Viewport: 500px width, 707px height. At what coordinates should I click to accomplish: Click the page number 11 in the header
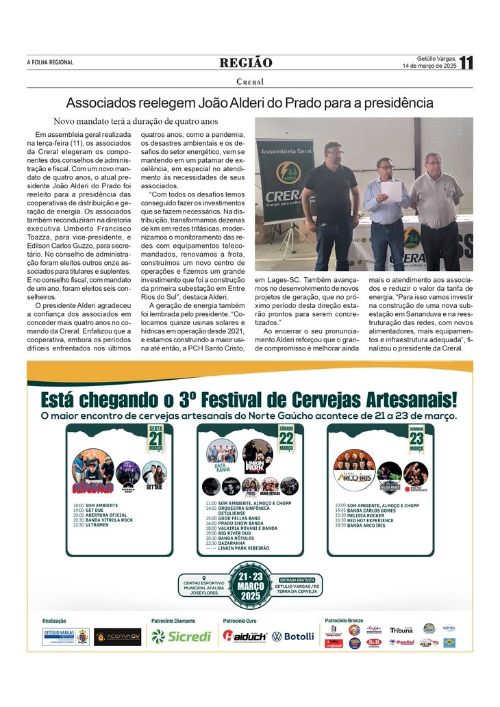(466, 63)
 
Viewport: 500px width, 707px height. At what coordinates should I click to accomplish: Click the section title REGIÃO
(246, 63)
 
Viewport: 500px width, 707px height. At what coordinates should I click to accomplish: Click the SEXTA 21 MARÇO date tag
(155, 438)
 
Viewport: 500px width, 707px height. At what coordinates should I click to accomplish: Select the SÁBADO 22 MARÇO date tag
(286, 438)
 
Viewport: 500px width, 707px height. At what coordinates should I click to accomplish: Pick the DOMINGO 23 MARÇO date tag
(416, 438)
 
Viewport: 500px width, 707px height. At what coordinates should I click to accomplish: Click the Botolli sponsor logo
(292, 636)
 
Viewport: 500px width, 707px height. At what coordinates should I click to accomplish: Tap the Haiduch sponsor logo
(245, 636)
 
